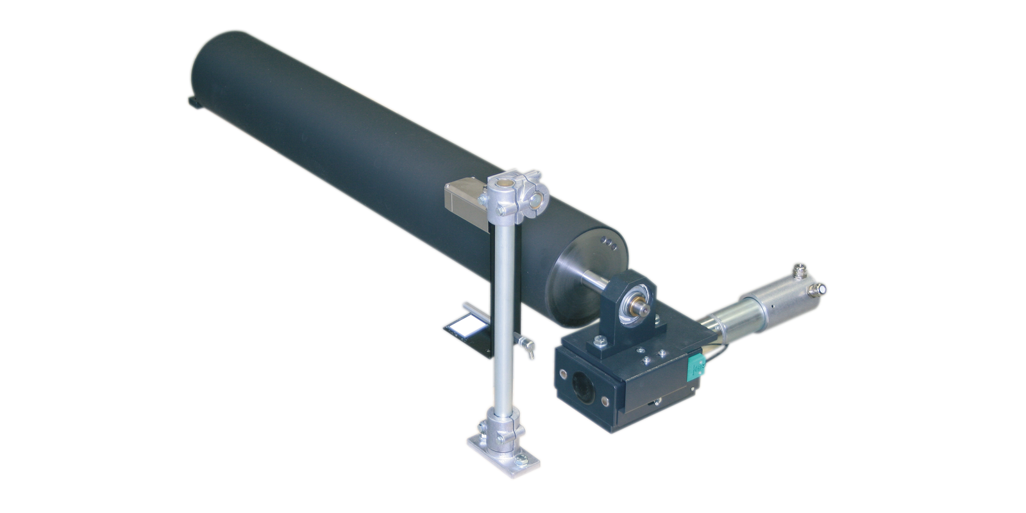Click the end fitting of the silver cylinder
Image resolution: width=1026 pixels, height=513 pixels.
(x=819, y=290)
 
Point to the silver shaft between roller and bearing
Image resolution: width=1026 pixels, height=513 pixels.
(x=595, y=282)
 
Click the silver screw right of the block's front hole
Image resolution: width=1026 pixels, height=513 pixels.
(x=605, y=401)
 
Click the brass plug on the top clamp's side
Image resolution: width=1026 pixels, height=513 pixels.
(x=534, y=202)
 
